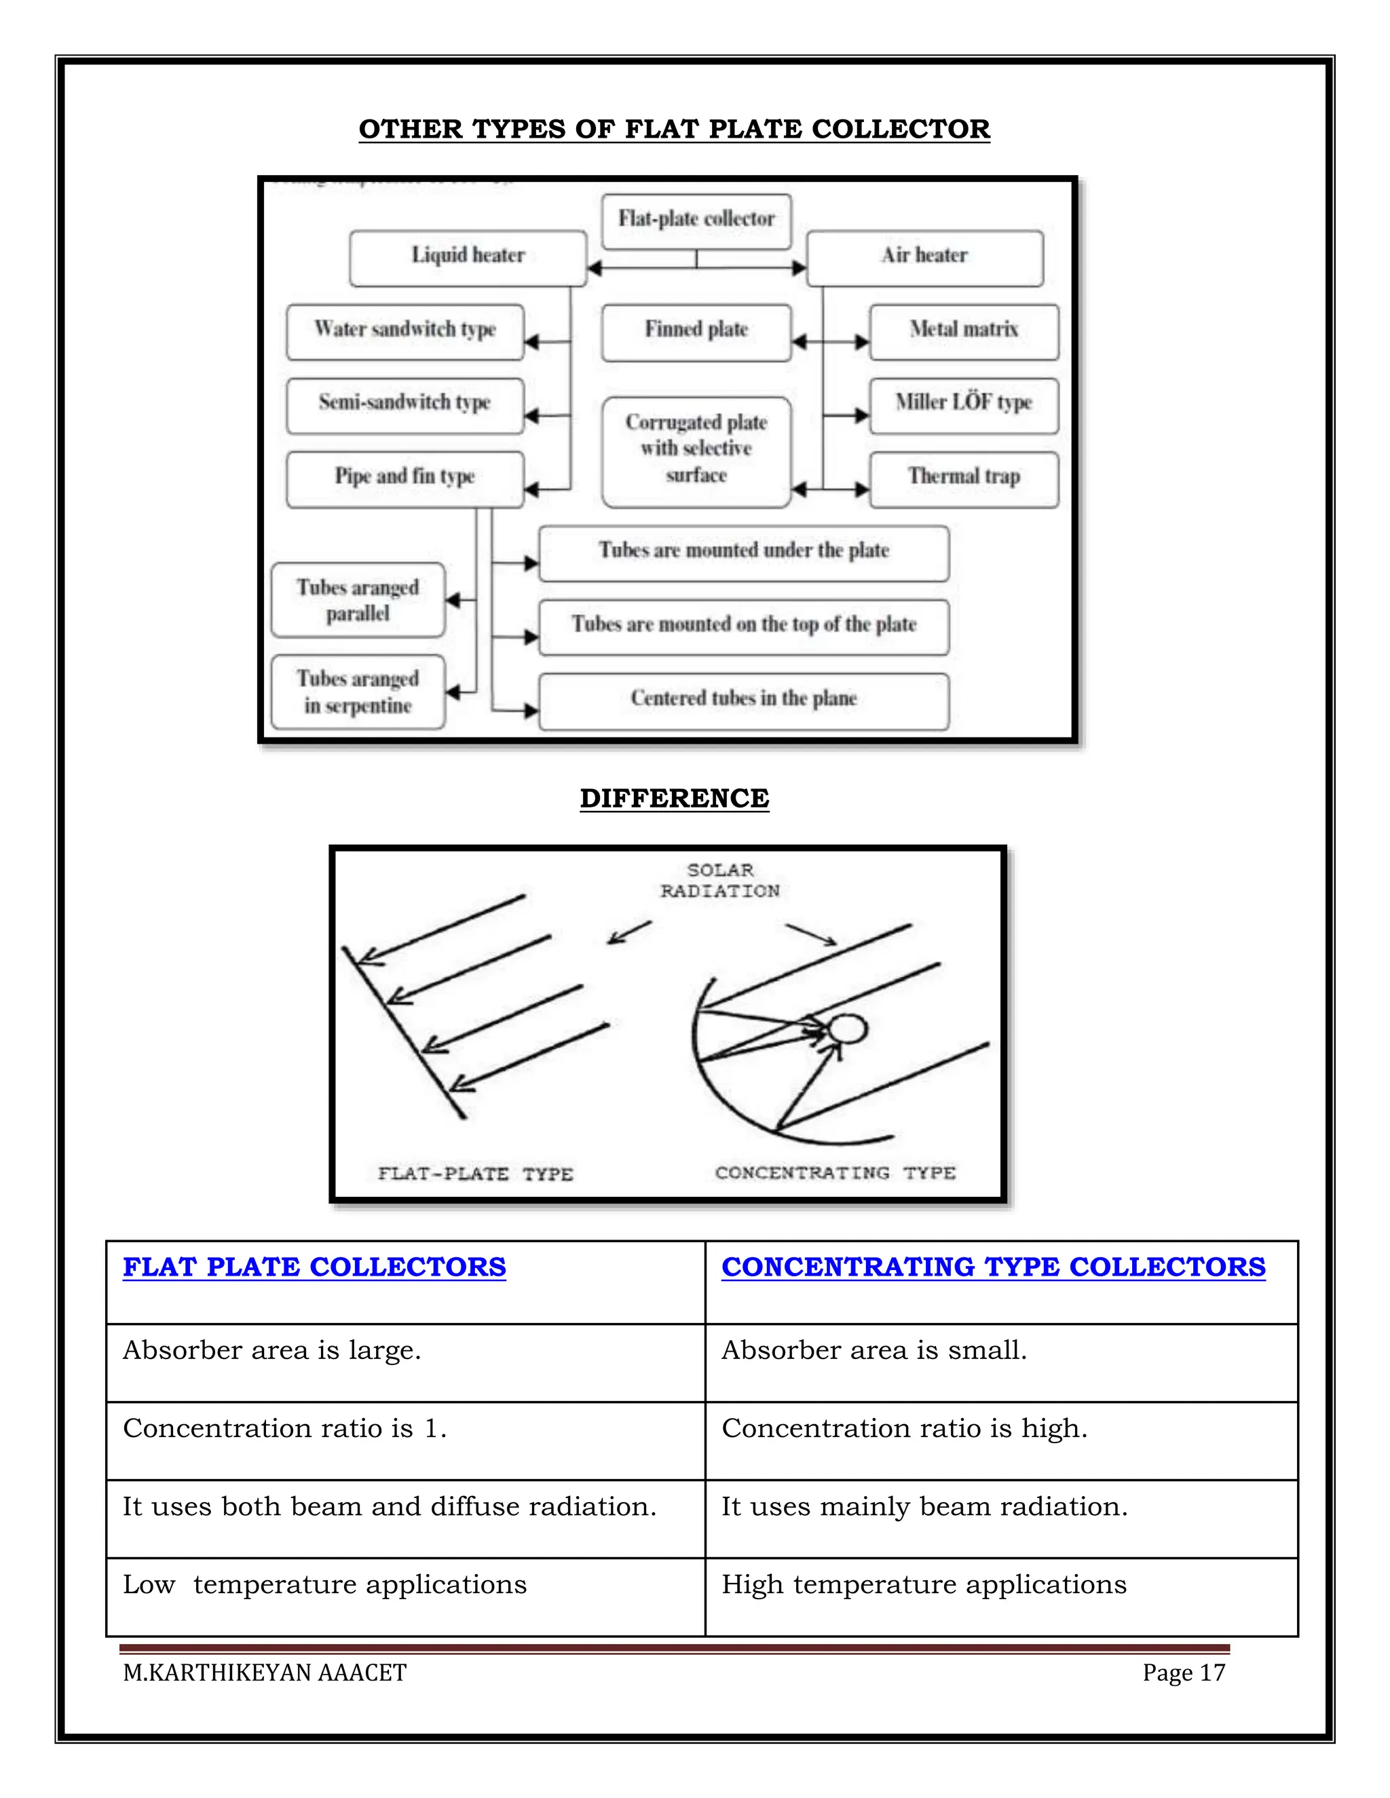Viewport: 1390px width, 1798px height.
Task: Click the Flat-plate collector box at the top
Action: (696, 221)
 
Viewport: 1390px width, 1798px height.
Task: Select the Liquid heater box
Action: (468, 257)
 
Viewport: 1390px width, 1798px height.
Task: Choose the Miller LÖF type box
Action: (964, 404)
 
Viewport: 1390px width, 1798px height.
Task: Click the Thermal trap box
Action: (964, 478)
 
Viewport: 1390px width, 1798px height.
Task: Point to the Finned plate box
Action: (696, 331)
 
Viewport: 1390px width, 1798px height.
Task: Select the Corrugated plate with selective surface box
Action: (696, 451)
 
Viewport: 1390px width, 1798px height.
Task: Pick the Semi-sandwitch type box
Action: (405, 404)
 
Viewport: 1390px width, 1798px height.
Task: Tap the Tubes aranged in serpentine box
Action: (358, 692)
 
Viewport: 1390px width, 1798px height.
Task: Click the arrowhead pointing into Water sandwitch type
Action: (531, 342)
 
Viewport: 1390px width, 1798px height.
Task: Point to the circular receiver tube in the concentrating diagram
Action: (847, 1029)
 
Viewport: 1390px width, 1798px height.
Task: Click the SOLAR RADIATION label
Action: (719, 881)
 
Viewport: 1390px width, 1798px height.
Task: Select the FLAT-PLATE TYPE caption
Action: (475, 1174)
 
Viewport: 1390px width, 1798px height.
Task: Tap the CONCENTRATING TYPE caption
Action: (835, 1173)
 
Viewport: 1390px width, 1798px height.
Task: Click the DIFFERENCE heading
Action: (675, 799)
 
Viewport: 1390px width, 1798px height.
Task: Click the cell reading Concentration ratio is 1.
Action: (285, 1429)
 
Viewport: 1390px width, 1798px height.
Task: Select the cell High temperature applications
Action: (924, 1585)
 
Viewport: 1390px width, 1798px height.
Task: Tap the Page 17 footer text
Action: (1183, 1673)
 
